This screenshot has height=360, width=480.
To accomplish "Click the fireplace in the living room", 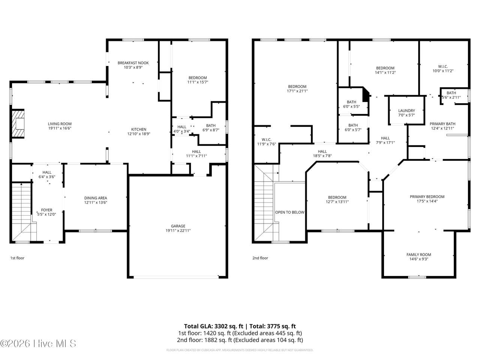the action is tap(18, 124).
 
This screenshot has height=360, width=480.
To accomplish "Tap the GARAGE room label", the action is tap(178, 226).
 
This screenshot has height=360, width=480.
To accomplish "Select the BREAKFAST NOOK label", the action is tap(133, 63).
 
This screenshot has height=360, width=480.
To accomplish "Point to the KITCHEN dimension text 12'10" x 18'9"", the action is tap(139, 134).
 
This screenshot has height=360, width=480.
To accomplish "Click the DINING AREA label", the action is tap(96, 198).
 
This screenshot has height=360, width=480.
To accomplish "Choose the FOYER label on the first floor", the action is tap(46, 210).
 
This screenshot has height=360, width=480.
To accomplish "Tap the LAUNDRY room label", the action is tap(406, 111).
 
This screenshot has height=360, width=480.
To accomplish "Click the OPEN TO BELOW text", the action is tap(290, 212).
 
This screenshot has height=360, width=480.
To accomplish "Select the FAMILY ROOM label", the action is tap(419, 255).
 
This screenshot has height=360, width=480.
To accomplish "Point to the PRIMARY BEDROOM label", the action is tap(427, 197).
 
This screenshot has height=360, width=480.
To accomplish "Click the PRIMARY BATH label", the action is tap(442, 124).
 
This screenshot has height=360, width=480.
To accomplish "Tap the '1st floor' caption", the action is tap(17, 258).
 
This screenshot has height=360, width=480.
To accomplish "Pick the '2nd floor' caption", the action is tap(260, 258).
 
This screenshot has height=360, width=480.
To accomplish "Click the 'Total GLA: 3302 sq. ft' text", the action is tap(213, 326).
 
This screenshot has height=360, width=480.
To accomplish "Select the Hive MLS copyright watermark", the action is tap(38, 343).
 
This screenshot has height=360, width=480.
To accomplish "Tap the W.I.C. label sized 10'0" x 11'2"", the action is tap(443, 66).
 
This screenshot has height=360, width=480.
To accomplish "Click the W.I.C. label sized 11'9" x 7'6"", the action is tap(266, 139).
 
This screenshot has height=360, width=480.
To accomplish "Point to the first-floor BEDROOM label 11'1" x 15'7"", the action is tap(198, 78).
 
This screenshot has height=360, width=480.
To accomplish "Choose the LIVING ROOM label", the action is tap(60, 124).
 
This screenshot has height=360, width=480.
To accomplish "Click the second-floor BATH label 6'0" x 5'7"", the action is tap(353, 125).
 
